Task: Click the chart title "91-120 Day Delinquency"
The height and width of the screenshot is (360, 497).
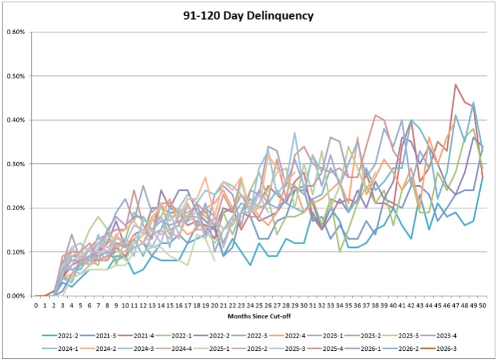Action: pyautogui.click(x=248, y=16)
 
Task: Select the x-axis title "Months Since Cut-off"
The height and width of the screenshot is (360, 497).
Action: pyautogui.click(x=259, y=316)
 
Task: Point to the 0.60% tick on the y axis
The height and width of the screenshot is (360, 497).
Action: pyautogui.click(x=16, y=32)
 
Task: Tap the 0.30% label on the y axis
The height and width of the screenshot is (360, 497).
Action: pyautogui.click(x=16, y=164)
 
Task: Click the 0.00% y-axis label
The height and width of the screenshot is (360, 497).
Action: pyautogui.click(x=16, y=296)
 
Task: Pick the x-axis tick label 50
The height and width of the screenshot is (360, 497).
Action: pyautogui.click(x=483, y=306)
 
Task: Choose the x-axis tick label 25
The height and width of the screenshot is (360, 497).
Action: pyautogui.click(x=260, y=306)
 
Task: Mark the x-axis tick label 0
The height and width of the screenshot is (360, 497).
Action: pyautogui.click(x=36, y=306)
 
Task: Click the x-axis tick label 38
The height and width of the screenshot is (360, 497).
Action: pyautogui.click(x=375, y=306)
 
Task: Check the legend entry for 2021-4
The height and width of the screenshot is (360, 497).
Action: pyautogui.click(x=136, y=336)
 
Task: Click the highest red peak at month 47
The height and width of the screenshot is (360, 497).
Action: pyautogui.click(x=455, y=85)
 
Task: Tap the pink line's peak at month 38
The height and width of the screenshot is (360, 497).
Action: pyautogui.click(x=375, y=115)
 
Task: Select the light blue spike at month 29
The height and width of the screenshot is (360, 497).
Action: pyautogui.click(x=295, y=133)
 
